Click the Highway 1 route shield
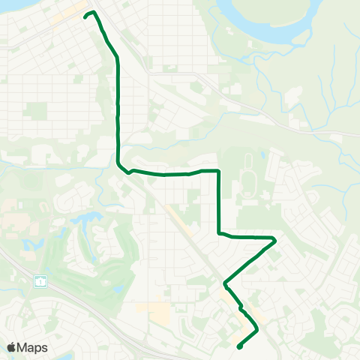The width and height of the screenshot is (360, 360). point(39,282)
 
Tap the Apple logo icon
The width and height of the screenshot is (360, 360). point(11,347)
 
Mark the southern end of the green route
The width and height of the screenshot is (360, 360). point(238,346)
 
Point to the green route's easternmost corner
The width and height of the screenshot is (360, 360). point(275,240)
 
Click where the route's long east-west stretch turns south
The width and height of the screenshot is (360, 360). point(218,171)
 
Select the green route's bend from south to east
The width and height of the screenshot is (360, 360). point(219,234)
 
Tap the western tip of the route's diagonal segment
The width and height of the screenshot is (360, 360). point(225,283)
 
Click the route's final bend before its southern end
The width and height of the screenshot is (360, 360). point(257,328)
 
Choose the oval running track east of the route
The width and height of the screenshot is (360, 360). point(248,184)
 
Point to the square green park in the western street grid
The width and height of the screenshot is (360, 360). point(35,111)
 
